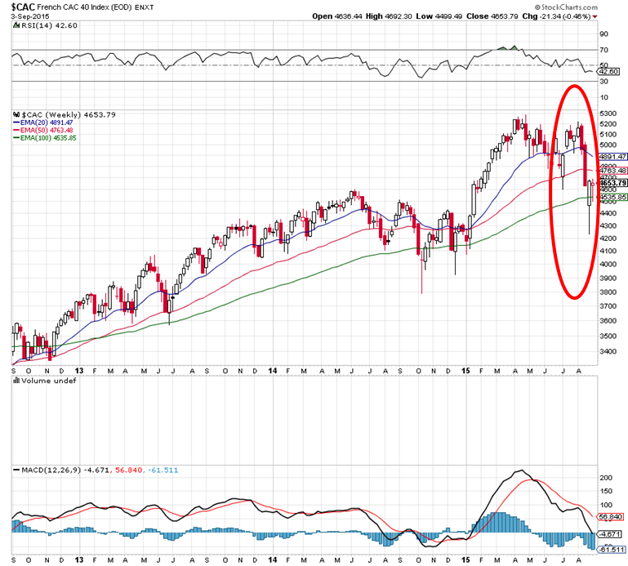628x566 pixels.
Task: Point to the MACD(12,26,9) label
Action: (x=45, y=470)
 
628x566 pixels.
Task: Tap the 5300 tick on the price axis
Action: (x=608, y=114)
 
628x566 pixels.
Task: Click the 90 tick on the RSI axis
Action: (x=604, y=34)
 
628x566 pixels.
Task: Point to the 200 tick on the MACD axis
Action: (x=606, y=475)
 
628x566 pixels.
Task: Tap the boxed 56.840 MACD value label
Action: (x=612, y=517)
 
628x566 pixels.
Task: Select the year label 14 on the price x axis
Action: (x=273, y=370)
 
